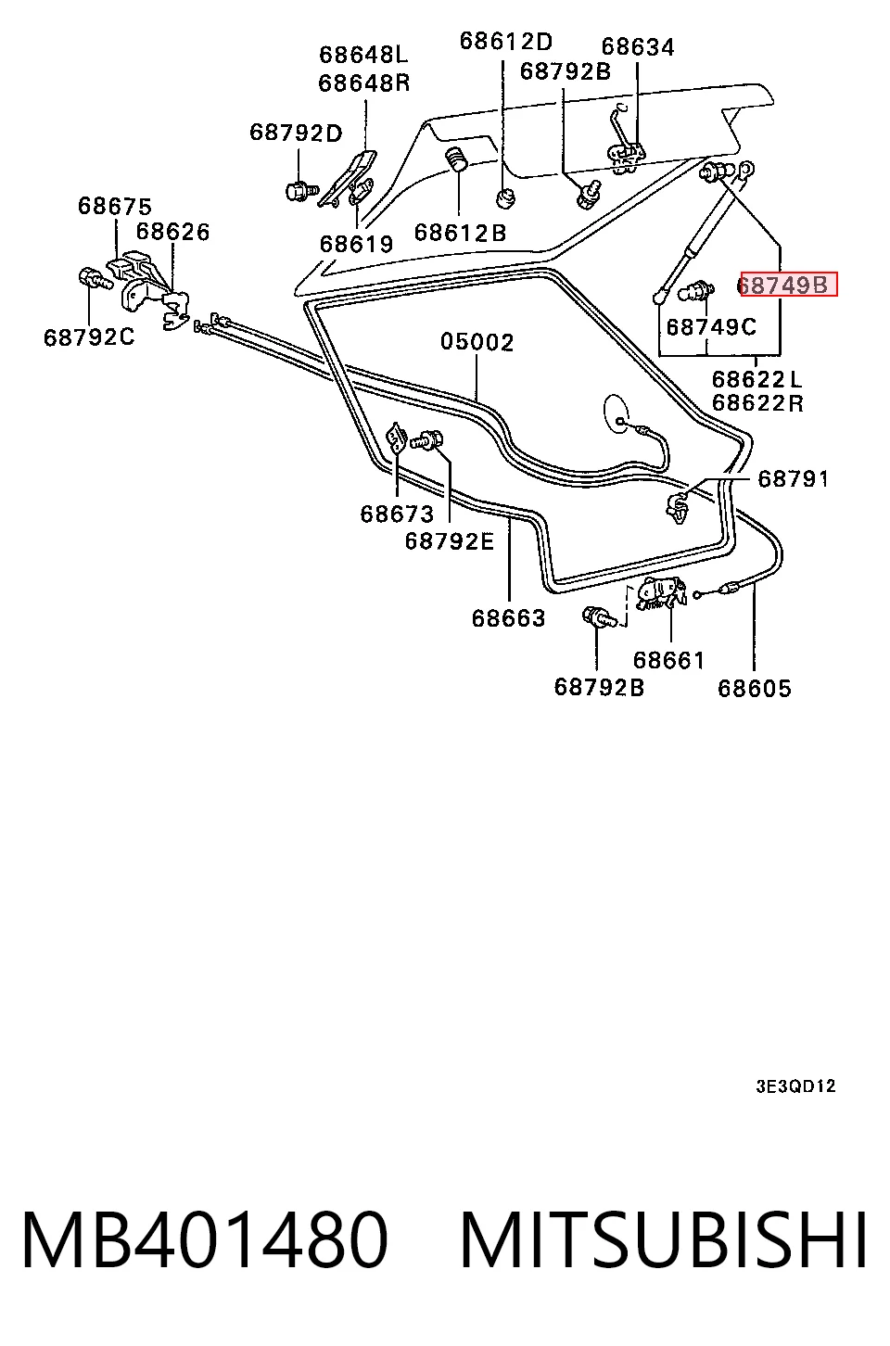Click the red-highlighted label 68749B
click(x=788, y=285)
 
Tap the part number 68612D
click(x=505, y=42)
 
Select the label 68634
click(x=638, y=47)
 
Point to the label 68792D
click(x=296, y=133)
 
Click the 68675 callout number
click(x=115, y=206)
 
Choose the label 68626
click(x=172, y=232)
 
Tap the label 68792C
click(x=89, y=337)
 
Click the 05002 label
click(x=477, y=342)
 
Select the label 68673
click(x=397, y=514)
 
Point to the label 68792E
click(x=449, y=540)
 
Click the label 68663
click(x=508, y=617)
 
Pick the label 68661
click(x=668, y=660)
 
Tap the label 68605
click(x=755, y=688)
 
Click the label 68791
click(x=794, y=479)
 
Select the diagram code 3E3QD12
click(x=795, y=1086)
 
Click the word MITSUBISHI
click(x=664, y=1239)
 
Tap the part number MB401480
click(x=204, y=1239)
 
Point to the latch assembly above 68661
click(x=660, y=593)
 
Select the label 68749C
click(x=711, y=327)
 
